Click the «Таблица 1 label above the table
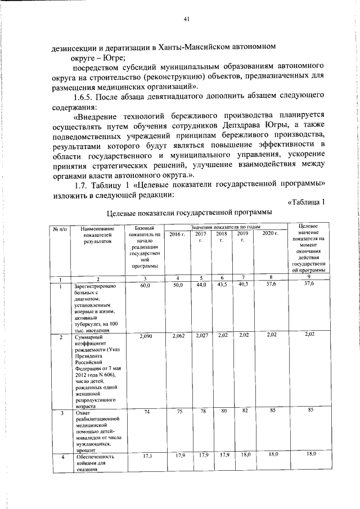pyautogui.click(x=306, y=202)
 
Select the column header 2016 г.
pyautogui.click(x=178, y=233)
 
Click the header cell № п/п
pyautogui.click(x=60, y=228)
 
